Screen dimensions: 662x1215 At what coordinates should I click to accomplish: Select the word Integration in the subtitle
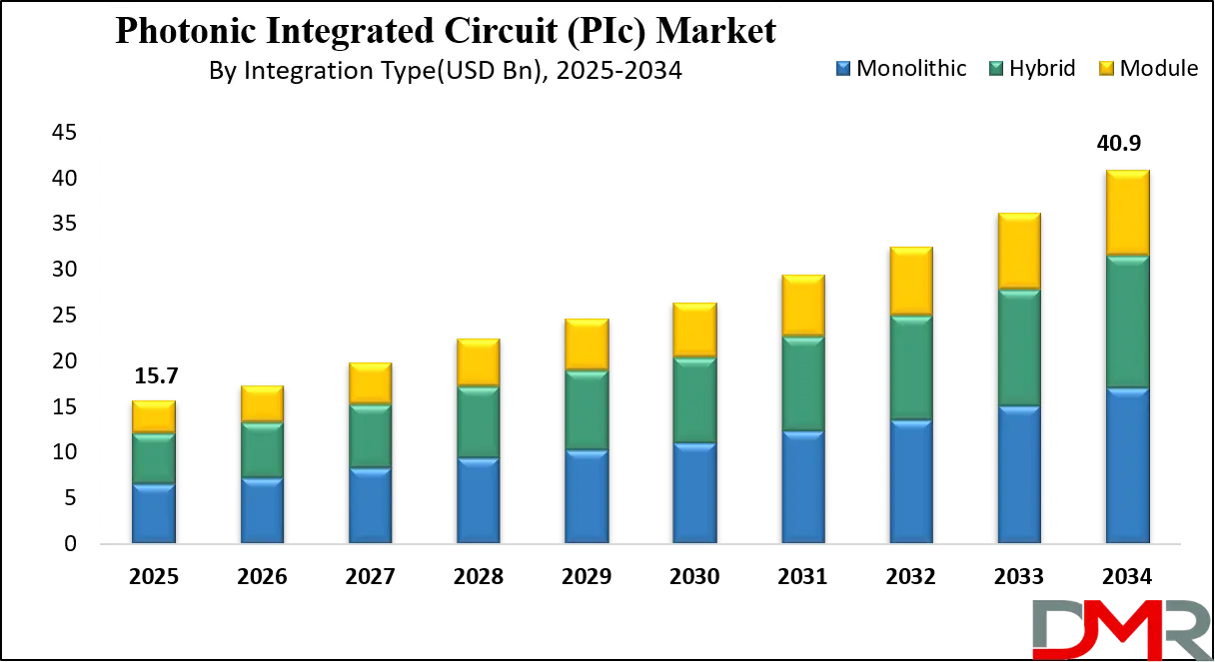click(x=295, y=72)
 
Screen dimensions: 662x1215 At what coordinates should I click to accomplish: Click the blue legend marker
click(x=842, y=68)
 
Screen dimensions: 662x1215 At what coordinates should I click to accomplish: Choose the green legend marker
click(x=995, y=68)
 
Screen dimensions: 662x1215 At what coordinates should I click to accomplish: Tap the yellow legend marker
click(x=1106, y=68)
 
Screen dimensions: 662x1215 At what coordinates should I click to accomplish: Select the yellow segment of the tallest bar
click(x=1127, y=213)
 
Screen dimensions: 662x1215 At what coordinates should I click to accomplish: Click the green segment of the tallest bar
click(x=1127, y=322)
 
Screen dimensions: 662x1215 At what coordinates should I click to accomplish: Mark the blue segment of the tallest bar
click(x=1127, y=466)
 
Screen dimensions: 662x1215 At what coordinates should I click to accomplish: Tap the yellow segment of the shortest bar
click(x=153, y=416)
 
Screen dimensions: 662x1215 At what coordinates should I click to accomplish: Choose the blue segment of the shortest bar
click(x=153, y=514)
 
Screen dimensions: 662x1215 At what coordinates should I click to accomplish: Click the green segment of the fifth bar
click(x=586, y=410)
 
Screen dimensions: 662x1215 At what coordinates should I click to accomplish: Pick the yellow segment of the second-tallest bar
click(x=1019, y=251)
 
